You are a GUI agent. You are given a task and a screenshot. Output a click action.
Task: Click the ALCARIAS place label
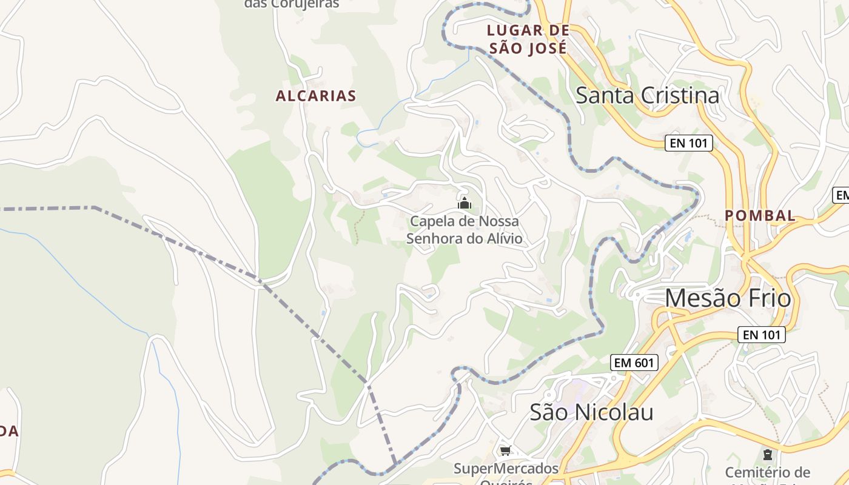pos(316,96)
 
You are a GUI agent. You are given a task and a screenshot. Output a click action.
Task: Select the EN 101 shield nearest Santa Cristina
pos(688,143)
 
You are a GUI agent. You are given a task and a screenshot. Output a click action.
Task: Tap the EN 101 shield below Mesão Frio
pos(762,334)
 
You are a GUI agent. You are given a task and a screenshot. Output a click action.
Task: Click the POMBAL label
pos(760,215)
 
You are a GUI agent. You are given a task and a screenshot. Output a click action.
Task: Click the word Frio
pos(770,298)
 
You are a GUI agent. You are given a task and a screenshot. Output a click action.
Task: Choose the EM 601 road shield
pos(634,363)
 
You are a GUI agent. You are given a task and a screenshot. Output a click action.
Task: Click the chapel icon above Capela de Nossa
pos(465,203)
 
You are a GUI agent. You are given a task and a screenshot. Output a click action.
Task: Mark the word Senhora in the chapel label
pos(434,238)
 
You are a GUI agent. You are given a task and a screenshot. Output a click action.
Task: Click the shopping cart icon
pos(505,450)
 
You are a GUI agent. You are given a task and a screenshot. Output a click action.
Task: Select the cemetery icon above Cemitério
pos(768,454)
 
